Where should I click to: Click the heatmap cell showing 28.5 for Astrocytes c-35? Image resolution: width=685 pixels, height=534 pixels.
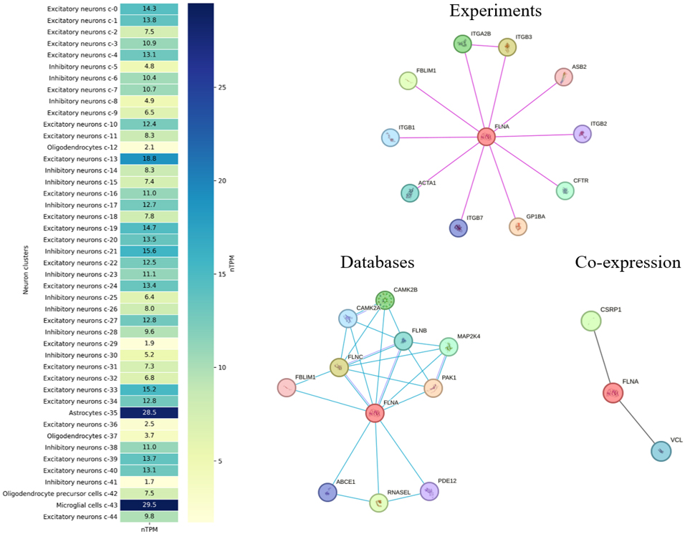click(148, 413)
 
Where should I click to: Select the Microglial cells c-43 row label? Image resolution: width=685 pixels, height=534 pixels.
click(82, 505)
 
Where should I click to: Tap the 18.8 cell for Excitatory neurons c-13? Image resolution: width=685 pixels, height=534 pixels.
click(148, 159)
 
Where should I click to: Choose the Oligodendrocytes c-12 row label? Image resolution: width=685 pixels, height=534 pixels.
click(82, 147)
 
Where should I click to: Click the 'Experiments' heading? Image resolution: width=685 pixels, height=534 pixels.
click(494, 11)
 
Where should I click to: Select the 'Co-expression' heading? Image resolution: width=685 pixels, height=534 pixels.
click(628, 263)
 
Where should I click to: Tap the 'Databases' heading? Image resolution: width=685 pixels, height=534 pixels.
click(378, 263)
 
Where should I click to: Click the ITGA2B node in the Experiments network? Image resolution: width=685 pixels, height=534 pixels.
click(464, 44)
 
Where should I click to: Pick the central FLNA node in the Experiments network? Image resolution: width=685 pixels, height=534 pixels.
click(487, 136)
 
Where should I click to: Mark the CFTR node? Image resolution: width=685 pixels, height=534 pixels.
click(565, 190)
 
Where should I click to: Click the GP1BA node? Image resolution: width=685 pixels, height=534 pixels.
click(518, 226)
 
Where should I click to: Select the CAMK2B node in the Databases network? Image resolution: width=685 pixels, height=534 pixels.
click(385, 300)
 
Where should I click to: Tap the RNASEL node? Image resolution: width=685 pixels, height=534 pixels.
click(379, 503)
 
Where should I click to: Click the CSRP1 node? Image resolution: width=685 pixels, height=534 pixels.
click(591, 321)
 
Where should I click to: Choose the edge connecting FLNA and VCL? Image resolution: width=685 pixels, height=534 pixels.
click(637, 422)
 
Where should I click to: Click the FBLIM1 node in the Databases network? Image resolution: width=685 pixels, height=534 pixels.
click(287, 387)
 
